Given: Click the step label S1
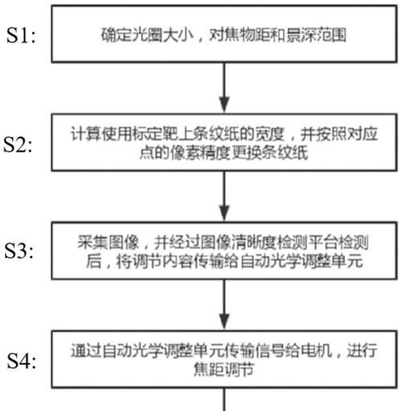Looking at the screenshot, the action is pos(21,35).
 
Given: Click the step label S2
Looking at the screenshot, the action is pos(18,144).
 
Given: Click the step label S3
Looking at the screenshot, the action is pos(19,251).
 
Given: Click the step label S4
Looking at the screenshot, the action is pos(22,361).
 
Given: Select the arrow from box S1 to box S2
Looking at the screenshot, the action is pos(224,87).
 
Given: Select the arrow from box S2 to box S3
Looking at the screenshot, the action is pos(224,196).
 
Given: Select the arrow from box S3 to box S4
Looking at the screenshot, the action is pos(224,304).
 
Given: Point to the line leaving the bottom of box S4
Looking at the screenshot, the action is pos(224,399).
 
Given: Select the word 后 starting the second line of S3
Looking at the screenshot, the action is pos(93,261).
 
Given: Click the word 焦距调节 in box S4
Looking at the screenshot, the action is pos(224,370).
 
